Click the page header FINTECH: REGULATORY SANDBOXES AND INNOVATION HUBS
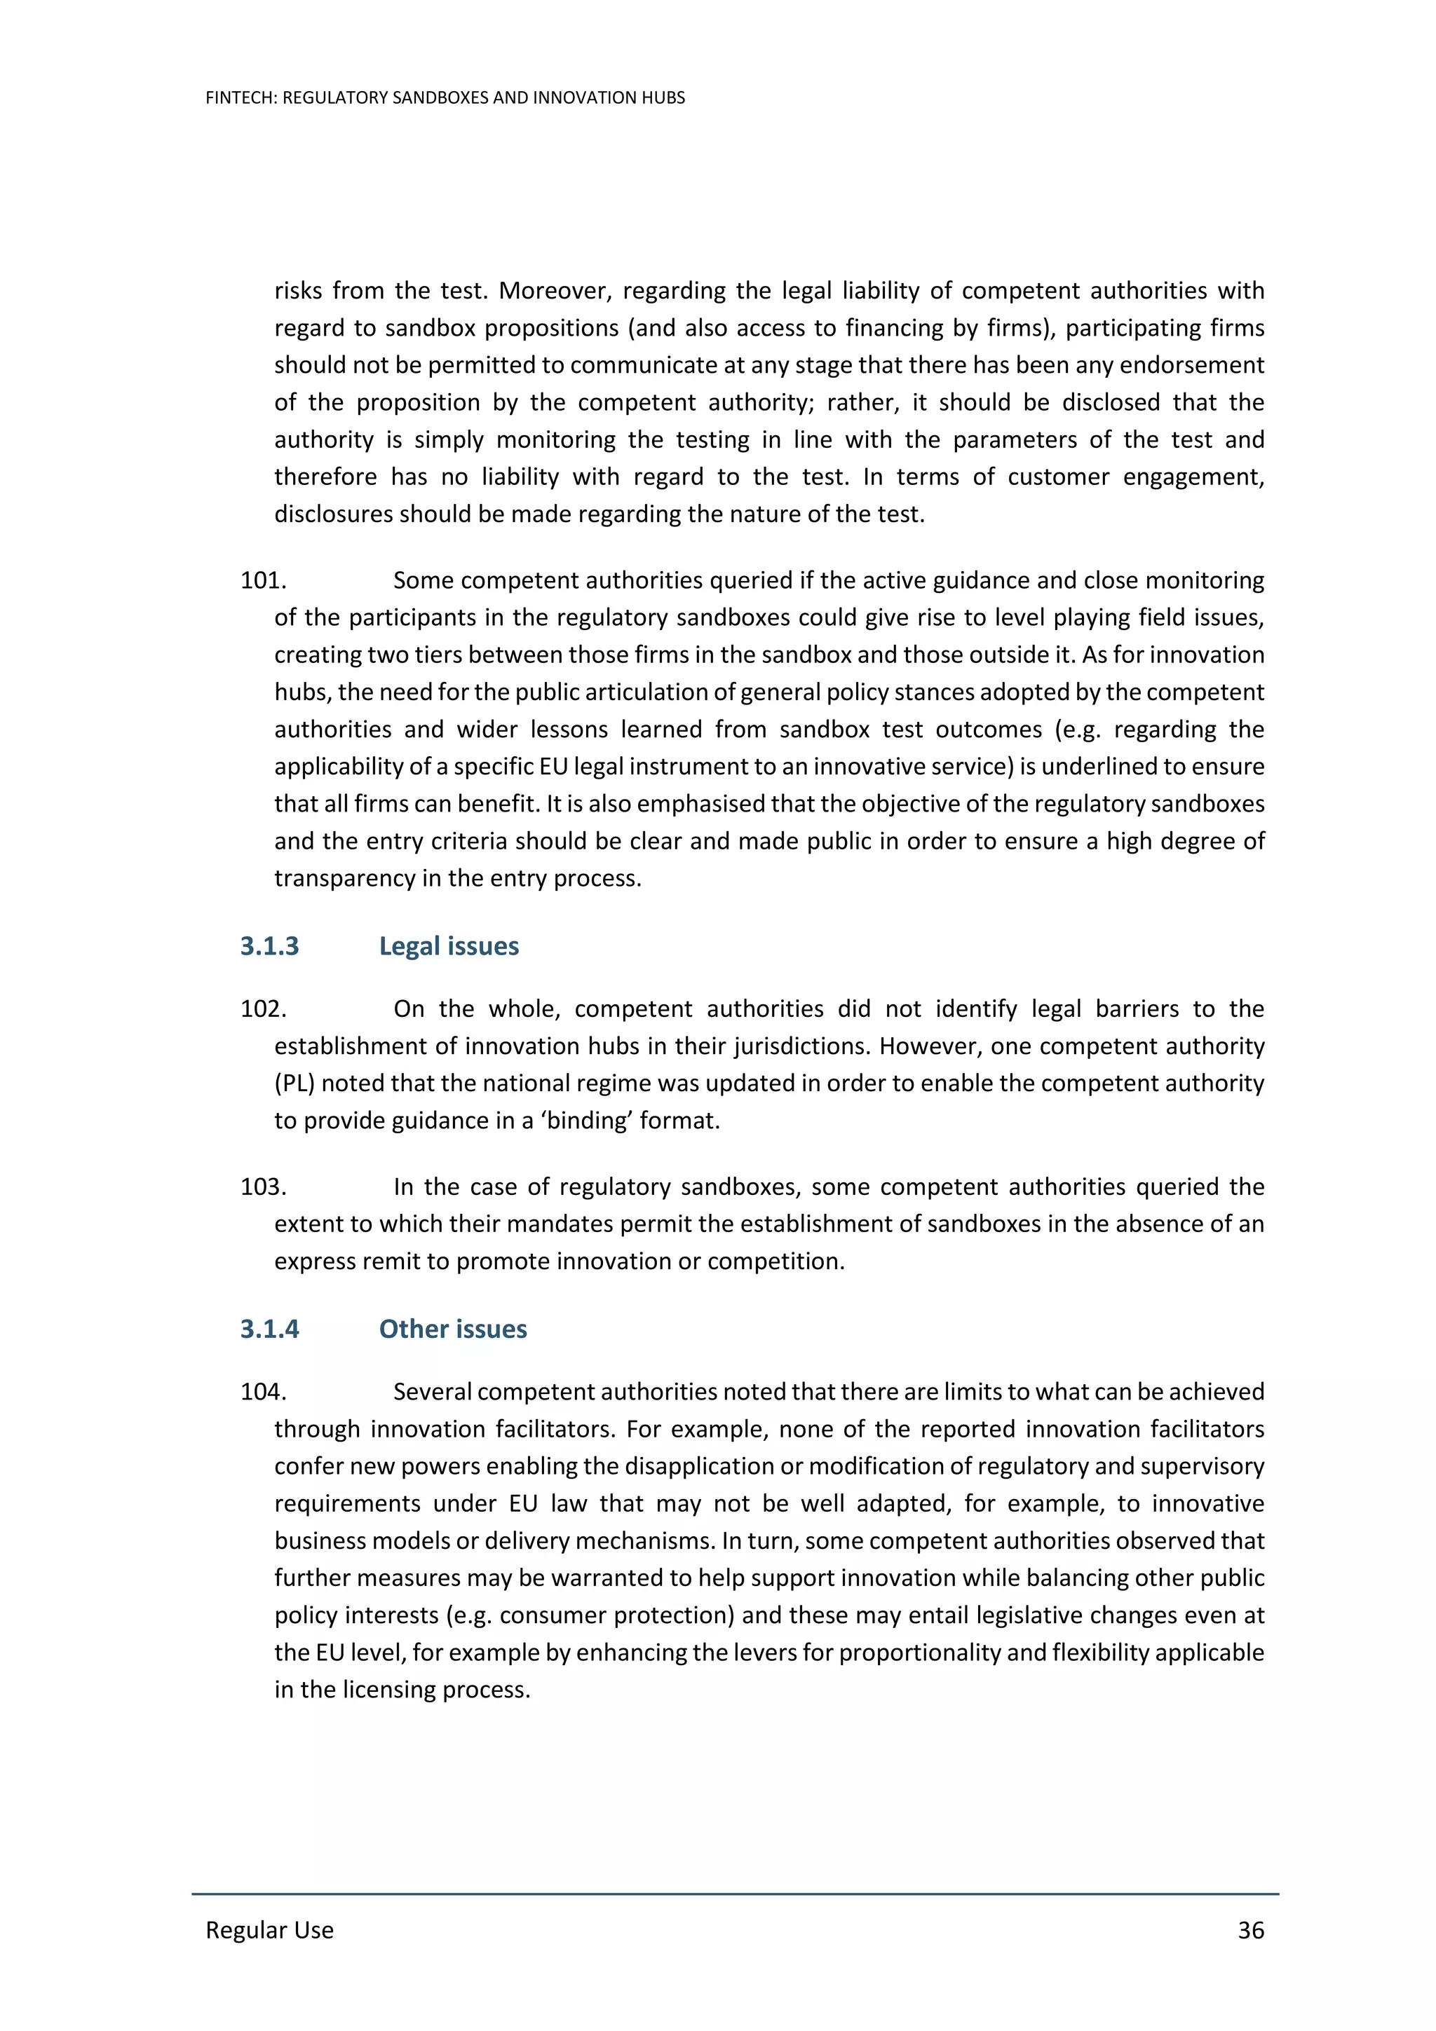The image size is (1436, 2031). (x=445, y=98)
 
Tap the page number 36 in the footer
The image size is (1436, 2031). (x=1250, y=1929)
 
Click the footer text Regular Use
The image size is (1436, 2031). (x=270, y=1929)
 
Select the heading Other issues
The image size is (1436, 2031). (x=452, y=1329)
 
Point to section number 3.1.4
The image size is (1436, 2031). (x=269, y=1329)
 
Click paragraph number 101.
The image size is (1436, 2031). (x=263, y=580)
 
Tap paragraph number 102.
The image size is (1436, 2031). (x=263, y=1008)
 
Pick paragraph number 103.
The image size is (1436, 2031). (x=263, y=1187)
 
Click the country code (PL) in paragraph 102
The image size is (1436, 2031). (x=294, y=1083)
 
